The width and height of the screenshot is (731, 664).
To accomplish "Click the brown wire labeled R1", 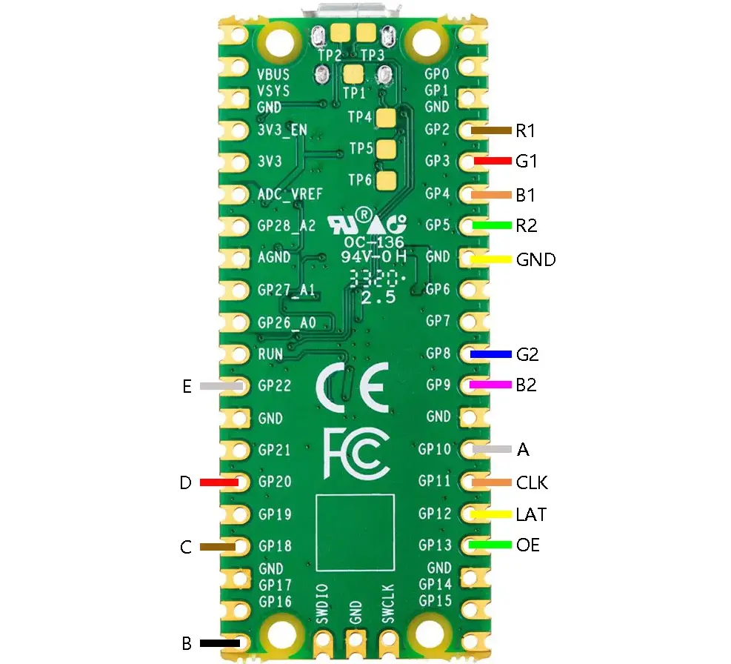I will (x=491, y=131).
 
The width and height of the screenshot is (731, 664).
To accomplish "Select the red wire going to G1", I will (x=491, y=161).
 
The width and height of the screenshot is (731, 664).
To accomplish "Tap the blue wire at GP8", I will (x=491, y=355).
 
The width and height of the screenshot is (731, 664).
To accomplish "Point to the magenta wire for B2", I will (x=491, y=385).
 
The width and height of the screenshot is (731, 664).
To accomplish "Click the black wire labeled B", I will (x=220, y=643).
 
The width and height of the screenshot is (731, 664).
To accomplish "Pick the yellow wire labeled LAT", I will (x=491, y=514).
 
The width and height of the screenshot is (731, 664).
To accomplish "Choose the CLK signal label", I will (x=532, y=483).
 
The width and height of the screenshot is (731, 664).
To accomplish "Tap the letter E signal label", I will (x=187, y=386).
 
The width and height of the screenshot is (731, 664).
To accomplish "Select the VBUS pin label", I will (x=273, y=75).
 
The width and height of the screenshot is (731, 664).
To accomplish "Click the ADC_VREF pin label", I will (x=290, y=195).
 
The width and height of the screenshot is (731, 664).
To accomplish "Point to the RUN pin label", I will (x=270, y=354).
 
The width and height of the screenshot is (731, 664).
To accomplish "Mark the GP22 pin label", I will (x=275, y=386).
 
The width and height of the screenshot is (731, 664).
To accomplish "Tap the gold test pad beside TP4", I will (x=386, y=117).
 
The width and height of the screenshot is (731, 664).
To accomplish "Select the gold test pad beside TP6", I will (x=386, y=180).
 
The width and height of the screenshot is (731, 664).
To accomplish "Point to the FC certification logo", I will (x=356, y=451).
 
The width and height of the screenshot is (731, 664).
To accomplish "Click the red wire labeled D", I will (x=219, y=482).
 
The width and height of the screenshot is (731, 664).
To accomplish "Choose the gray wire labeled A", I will (x=491, y=449).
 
